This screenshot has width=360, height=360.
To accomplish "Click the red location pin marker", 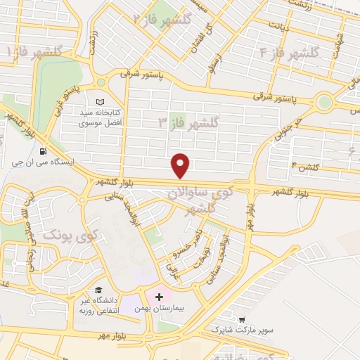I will (x=181, y=165).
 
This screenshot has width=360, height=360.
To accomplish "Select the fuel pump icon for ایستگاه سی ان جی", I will (x=44, y=151).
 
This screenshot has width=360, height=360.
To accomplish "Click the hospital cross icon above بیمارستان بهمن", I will (x=159, y=297).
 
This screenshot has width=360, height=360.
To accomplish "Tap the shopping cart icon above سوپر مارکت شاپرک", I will (x=243, y=319).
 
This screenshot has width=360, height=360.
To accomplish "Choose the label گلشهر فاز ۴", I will (x=289, y=53).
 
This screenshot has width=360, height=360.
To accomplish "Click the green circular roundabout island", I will (x=323, y=103).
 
